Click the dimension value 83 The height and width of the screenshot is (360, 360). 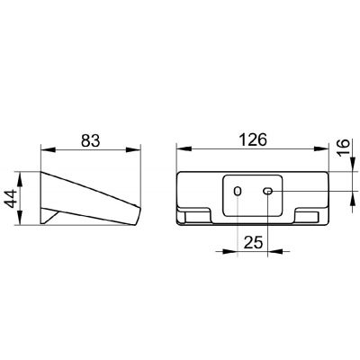90,140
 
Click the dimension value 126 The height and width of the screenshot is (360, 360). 253,139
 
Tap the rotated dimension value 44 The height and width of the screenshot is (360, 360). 12,198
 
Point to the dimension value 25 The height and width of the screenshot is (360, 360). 253,242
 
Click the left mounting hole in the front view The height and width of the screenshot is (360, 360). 238,191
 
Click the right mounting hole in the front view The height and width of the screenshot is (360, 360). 267,191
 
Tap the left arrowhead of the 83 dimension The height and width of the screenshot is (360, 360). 48,149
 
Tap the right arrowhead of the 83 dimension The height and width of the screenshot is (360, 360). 133,149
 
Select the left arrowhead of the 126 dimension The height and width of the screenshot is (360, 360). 184,149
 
